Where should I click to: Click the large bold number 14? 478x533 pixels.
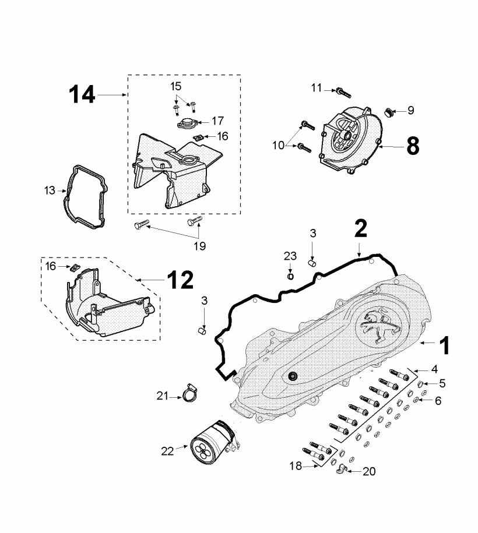[x=82, y=94]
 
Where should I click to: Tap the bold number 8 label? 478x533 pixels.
[x=413, y=146]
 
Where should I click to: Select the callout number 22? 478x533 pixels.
[x=167, y=451]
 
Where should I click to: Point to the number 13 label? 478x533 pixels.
[x=50, y=190]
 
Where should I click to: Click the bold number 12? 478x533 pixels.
[x=180, y=280]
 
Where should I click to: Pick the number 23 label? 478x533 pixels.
[x=290, y=256]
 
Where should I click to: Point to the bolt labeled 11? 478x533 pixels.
[x=343, y=93]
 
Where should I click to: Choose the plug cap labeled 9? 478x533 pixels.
[x=388, y=112]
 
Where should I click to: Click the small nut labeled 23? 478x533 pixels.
[x=290, y=276]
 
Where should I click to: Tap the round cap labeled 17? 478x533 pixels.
[x=187, y=123]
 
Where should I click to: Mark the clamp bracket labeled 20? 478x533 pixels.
[x=340, y=470]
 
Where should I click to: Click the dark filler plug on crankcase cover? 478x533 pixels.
[x=292, y=376]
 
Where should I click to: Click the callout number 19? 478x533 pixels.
[x=200, y=246]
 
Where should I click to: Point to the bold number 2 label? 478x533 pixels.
[x=361, y=228]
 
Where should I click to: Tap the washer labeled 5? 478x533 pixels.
[x=420, y=384]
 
